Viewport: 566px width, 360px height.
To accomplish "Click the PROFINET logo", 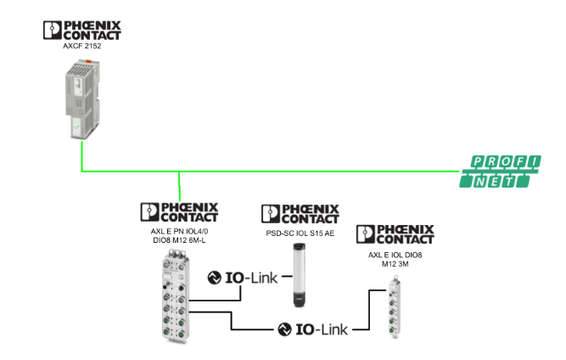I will pos(503,171).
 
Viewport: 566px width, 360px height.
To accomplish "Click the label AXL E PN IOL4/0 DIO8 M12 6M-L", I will pos(179,235).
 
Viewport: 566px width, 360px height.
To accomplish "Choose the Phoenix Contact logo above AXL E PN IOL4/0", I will pos(179,212).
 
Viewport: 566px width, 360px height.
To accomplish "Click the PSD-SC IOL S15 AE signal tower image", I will pos(299,273).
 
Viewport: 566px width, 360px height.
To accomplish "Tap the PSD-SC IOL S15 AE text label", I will pos(299,231).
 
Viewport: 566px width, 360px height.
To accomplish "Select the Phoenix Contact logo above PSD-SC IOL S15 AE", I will pos(300,214).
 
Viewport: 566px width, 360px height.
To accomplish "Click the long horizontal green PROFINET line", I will pos(322,170).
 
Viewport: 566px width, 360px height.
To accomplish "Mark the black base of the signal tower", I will pos(299,299).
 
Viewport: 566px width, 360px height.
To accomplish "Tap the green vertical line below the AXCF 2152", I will pos(81,157).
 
